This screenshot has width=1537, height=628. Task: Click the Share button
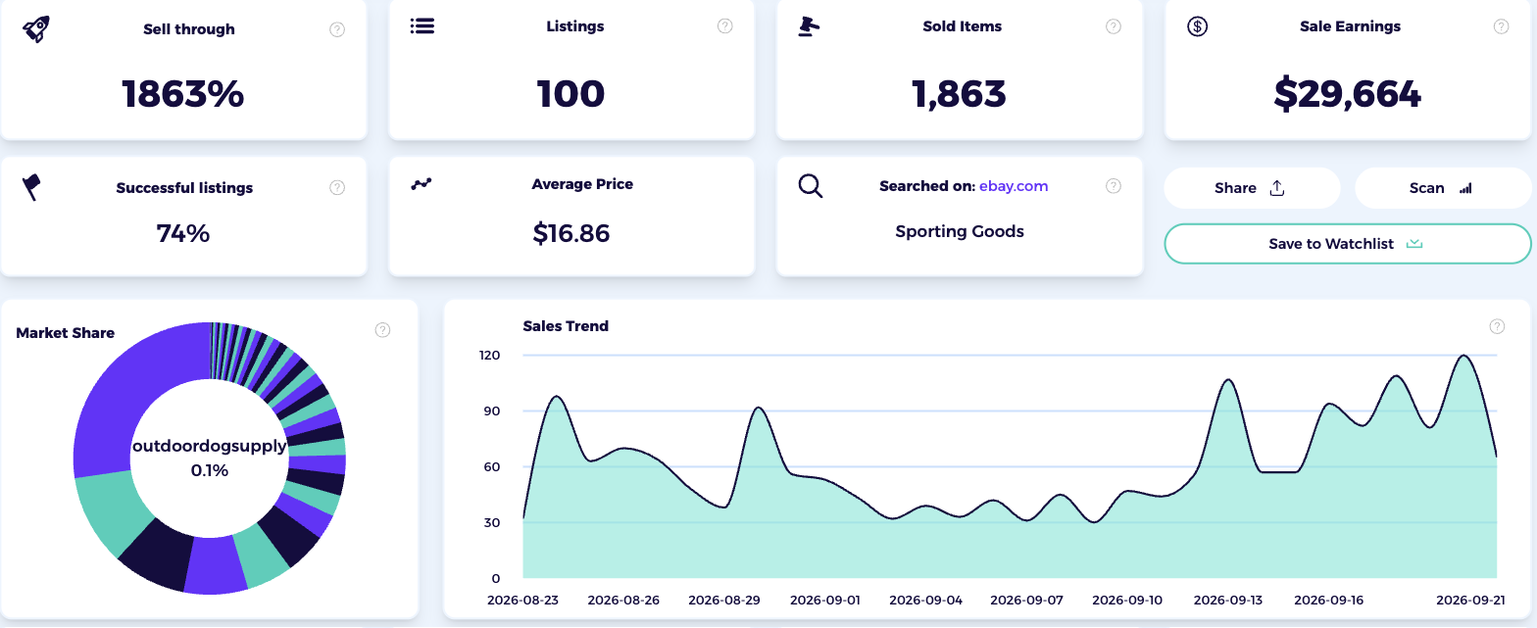1252,188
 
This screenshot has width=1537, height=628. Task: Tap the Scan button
1443,188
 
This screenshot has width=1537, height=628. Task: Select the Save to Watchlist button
1348,243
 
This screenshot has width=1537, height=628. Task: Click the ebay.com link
1014,186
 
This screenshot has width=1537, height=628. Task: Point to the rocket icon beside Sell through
36,29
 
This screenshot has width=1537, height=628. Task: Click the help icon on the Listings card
724,26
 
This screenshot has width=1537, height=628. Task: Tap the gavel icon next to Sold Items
809,26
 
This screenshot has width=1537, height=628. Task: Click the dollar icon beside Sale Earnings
1198,26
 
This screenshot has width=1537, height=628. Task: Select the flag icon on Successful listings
31,187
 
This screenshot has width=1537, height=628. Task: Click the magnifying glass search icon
811,186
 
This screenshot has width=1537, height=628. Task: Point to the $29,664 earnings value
1347,94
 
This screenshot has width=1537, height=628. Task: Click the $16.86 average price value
570,233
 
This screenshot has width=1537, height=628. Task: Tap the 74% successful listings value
183,233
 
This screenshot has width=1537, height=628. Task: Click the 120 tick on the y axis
489,355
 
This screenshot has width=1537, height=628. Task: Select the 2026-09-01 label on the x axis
824,600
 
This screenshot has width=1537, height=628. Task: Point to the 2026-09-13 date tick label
1227,600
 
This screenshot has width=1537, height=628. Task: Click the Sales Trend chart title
566,325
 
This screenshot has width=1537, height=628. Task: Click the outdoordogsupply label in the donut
210,447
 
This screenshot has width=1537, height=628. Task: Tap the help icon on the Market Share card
383,330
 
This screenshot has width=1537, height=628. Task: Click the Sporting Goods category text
960,232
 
